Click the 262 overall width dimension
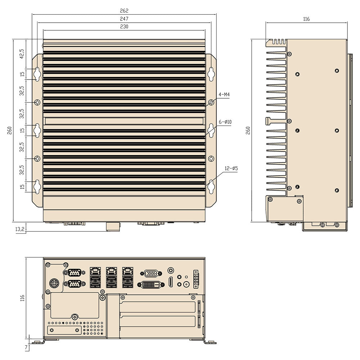(124, 11)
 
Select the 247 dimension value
(124, 19)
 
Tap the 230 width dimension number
(124, 26)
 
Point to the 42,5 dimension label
(22, 54)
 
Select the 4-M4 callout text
(224, 95)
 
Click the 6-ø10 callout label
(225, 122)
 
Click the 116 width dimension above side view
(306, 19)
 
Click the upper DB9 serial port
(74, 273)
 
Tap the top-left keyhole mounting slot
(37, 73)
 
